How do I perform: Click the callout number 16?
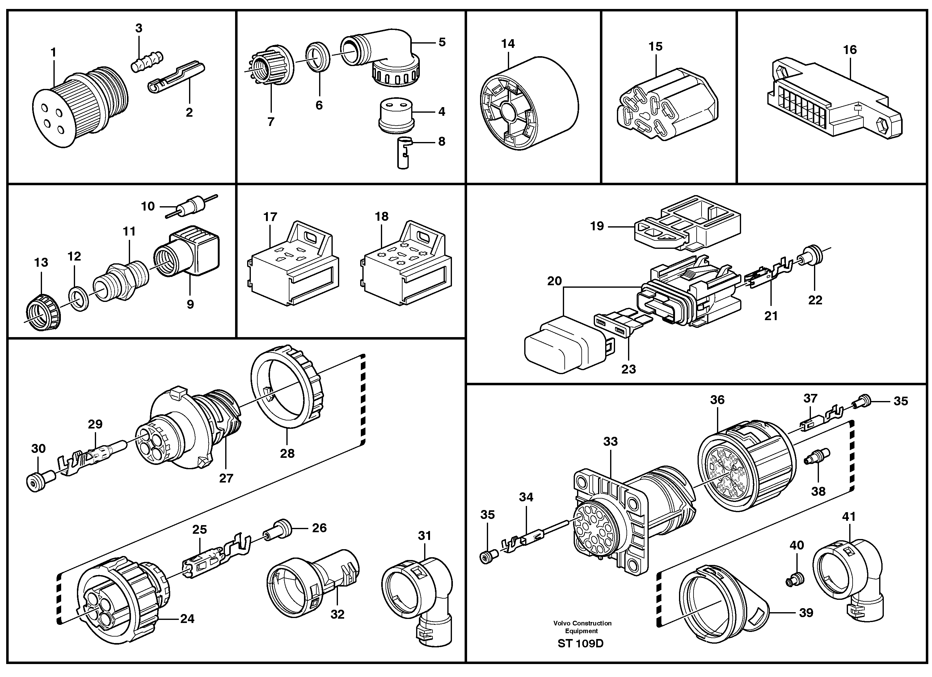[850, 50]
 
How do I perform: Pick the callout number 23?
[628, 369]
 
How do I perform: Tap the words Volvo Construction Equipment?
[582, 627]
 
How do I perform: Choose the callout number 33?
[611, 441]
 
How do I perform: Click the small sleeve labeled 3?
[147, 61]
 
